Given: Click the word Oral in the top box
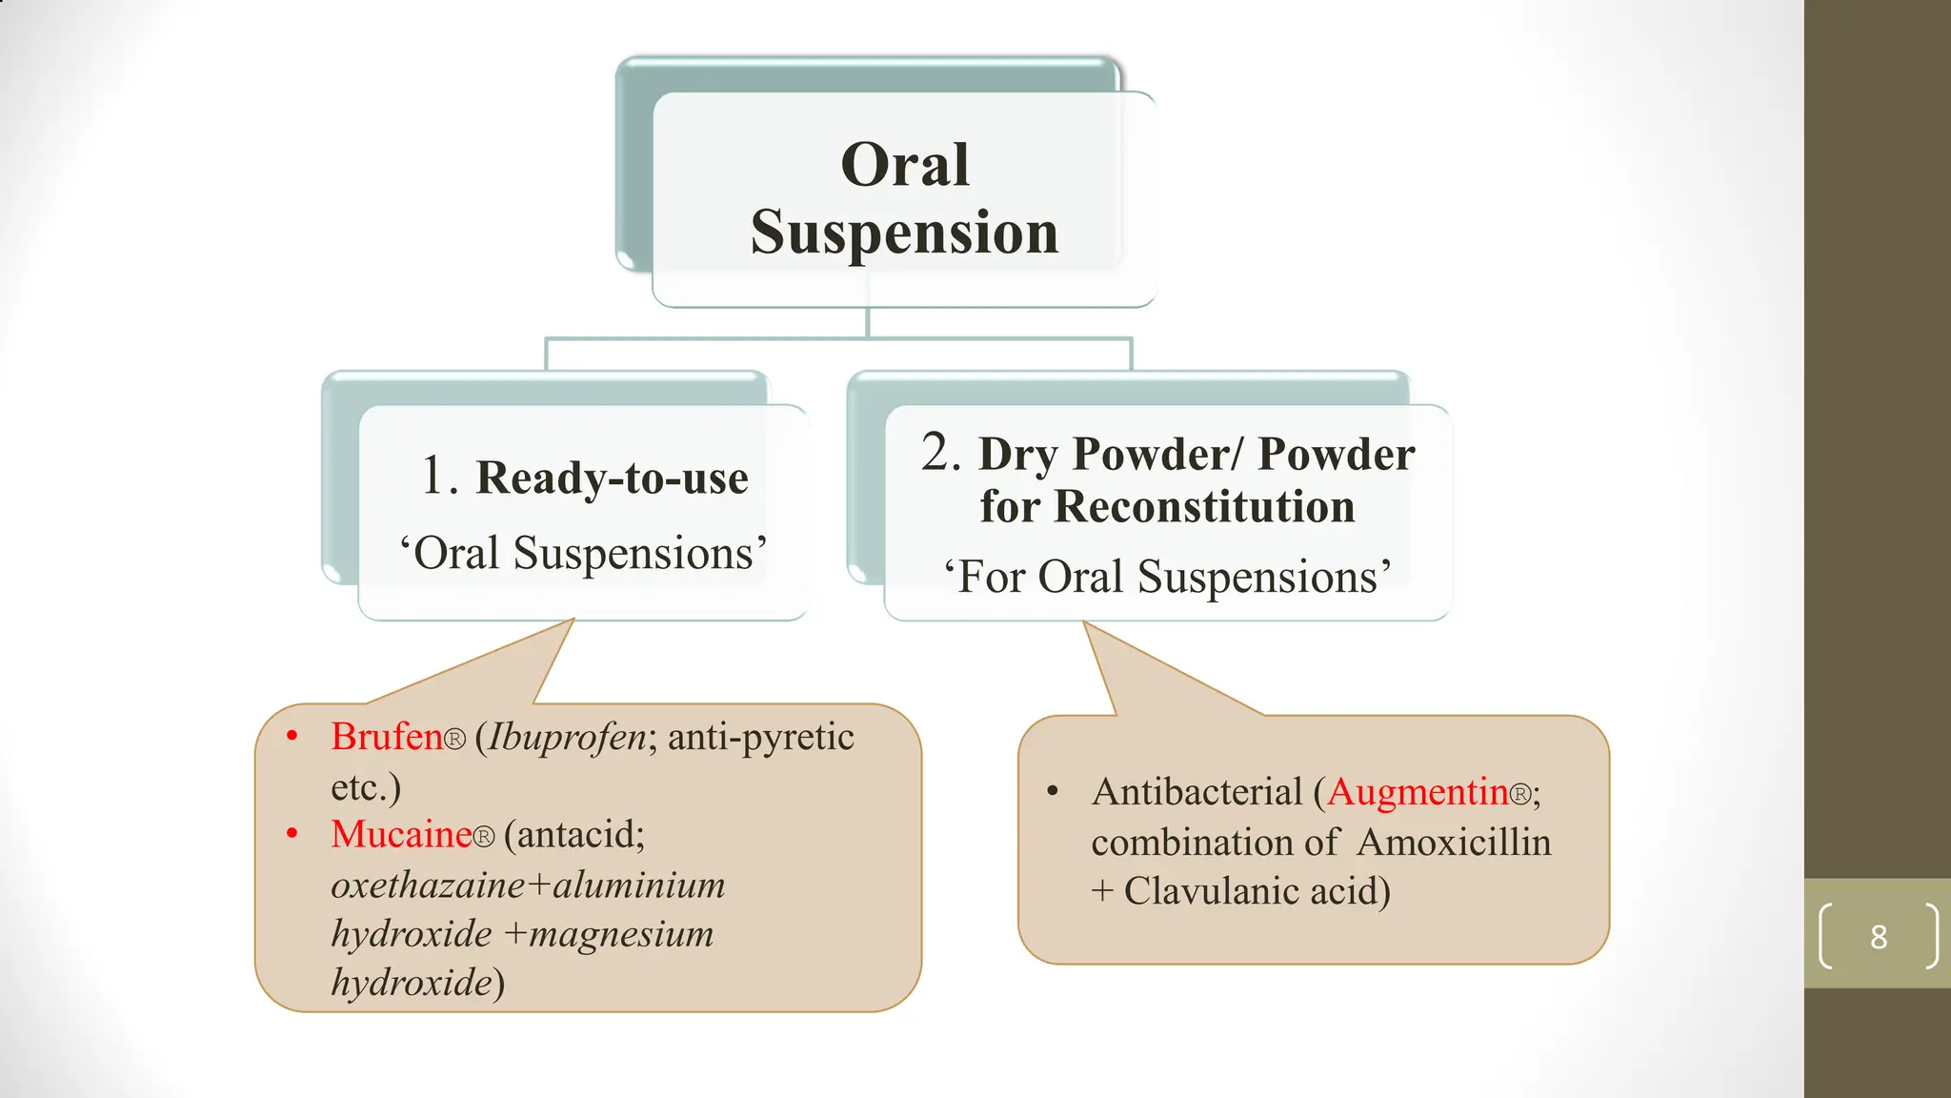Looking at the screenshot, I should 905,165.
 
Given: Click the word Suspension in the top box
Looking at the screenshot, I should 904,233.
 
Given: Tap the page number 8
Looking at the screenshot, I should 1878,937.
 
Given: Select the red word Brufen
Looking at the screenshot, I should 387,737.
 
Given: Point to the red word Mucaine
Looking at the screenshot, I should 401,835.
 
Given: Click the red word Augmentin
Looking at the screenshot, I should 1418,792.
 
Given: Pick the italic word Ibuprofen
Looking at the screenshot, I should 568,737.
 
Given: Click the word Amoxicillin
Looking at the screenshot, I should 1454,843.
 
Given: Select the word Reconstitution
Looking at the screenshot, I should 1204,507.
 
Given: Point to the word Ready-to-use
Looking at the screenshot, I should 612,478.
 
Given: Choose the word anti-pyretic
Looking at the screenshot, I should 760,737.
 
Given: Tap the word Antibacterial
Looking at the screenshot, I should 1197,792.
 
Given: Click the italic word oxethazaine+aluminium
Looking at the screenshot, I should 528,885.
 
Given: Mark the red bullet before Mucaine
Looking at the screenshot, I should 292,834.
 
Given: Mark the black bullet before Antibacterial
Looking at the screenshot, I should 1053,791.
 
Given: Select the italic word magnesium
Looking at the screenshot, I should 621,934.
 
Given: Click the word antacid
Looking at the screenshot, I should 574,835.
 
